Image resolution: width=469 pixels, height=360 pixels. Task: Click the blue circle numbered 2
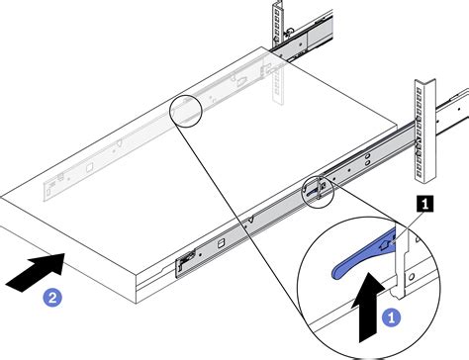[x=52, y=298]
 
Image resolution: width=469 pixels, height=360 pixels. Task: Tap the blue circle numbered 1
[x=392, y=317]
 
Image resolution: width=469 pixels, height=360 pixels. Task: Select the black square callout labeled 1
[x=425, y=204]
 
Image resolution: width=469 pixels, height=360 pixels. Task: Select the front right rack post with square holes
[x=424, y=131]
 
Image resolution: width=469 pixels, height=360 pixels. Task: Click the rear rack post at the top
[x=278, y=23]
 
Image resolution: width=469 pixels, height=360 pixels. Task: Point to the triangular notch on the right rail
[x=251, y=219]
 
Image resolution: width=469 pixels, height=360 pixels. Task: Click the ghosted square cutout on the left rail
[x=89, y=167]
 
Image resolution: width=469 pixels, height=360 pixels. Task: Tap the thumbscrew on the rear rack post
[x=289, y=32]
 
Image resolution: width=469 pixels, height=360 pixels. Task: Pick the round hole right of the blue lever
[x=412, y=277]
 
